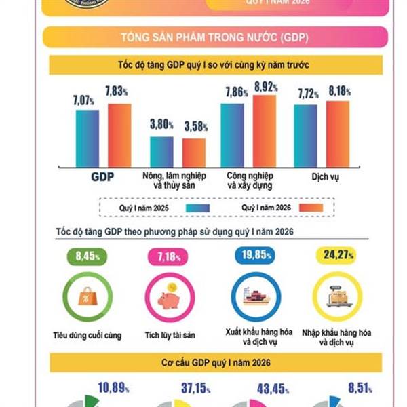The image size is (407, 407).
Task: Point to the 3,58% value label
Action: (x=196, y=127)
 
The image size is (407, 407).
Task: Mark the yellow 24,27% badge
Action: (x=337, y=257)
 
